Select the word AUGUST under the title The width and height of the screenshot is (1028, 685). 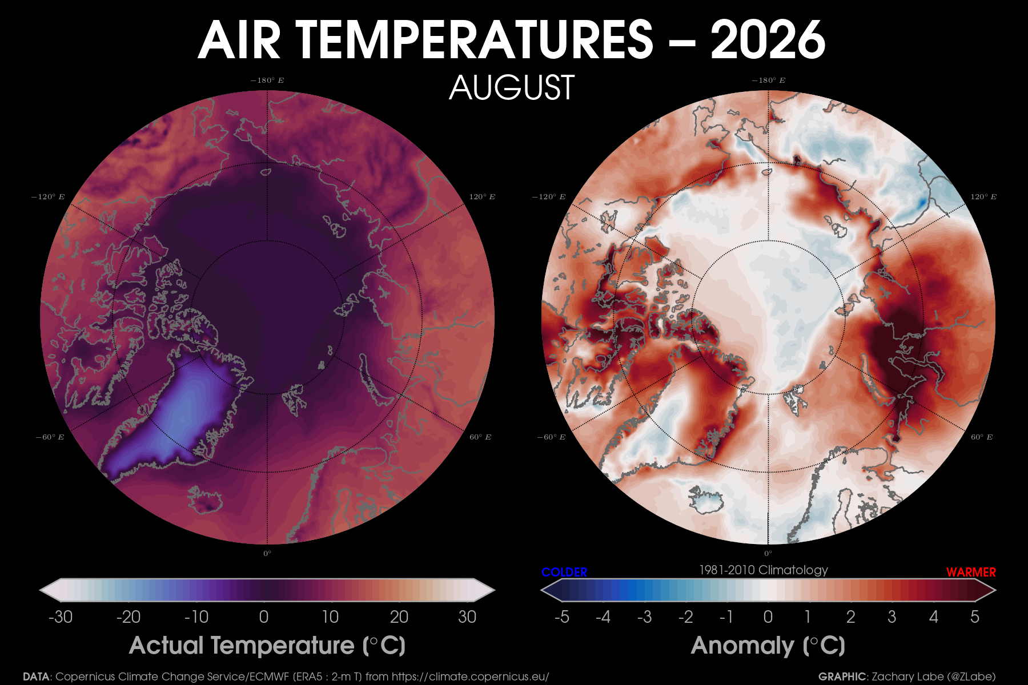(512, 87)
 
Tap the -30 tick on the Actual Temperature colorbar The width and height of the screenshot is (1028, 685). (61, 617)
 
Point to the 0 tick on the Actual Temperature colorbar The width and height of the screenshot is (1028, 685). (264, 617)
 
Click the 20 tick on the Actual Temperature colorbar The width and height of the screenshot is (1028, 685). (399, 617)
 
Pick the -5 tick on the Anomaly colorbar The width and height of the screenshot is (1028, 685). (562, 617)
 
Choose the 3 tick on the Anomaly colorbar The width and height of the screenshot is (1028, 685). (892, 617)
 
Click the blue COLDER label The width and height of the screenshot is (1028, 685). (564, 572)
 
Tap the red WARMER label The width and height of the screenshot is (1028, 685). (971, 572)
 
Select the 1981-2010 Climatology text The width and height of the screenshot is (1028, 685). (764, 570)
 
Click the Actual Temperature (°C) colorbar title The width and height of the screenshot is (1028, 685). (267, 646)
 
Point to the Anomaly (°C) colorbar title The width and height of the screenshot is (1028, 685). (768, 646)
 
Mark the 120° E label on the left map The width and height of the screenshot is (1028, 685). (482, 197)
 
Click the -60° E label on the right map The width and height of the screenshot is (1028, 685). (551, 437)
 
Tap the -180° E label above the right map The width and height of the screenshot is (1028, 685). (768, 80)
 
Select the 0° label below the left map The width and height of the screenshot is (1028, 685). (267, 553)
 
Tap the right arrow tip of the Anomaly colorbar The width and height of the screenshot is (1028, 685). (995, 590)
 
